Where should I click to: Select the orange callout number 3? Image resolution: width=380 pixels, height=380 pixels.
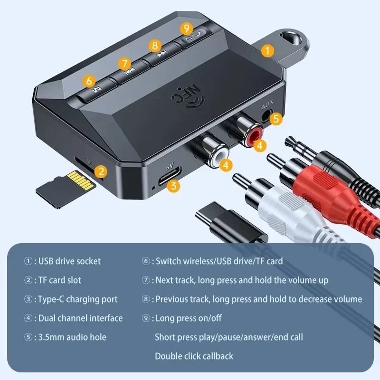174,186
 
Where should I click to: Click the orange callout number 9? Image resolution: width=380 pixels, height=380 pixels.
186,28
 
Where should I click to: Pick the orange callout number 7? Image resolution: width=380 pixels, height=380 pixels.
124,63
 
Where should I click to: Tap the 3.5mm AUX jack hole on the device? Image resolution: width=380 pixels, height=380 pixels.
265,115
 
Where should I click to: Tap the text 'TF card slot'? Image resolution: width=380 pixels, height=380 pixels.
59,280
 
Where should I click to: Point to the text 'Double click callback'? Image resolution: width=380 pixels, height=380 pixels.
194,356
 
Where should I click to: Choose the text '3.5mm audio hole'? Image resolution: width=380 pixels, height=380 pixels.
71,337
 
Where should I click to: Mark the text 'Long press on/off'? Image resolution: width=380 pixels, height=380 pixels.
189,318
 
